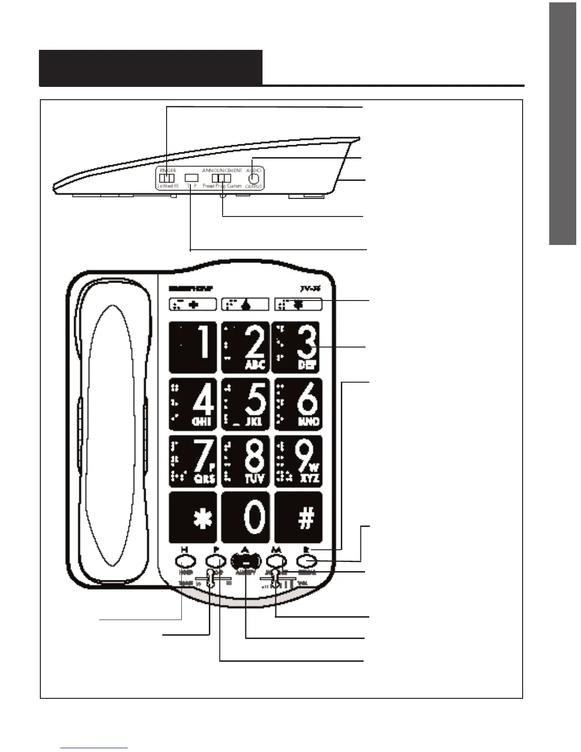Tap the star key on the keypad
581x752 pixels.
[193, 517]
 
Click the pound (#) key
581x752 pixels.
[299, 517]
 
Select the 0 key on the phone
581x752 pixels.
[245, 517]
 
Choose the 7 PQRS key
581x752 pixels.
[193, 461]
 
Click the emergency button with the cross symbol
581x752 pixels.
[193, 304]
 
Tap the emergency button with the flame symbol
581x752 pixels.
[245, 304]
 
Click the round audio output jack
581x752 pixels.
[254, 178]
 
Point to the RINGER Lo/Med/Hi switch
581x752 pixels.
[165, 178]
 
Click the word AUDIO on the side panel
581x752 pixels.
[254, 170]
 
